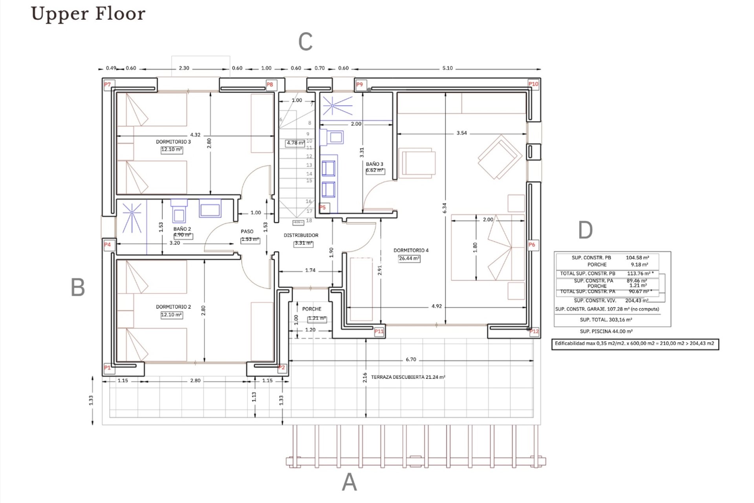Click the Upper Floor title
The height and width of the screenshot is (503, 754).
pyautogui.click(x=88, y=13)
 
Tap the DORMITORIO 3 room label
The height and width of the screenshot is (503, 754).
pyautogui.click(x=173, y=142)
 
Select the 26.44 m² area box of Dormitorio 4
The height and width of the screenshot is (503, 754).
pyautogui.click(x=409, y=259)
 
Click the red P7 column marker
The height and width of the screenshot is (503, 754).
pyautogui.click(x=108, y=84)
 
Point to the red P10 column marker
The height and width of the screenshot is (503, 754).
pyautogui.click(x=533, y=84)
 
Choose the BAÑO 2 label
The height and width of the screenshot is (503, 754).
pyautogui.click(x=182, y=229)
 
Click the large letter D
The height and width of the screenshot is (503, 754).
pyautogui.click(x=585, y=230)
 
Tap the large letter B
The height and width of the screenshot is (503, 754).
pyautogui.click(x=78, y=287)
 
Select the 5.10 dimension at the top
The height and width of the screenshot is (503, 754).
pyautogui.click(x=447, y=68)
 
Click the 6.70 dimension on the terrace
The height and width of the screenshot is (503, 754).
pyautogui.click(x=411, y=360)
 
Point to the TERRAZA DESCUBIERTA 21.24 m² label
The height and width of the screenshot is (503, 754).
pyautogui.click(x=408, y=377)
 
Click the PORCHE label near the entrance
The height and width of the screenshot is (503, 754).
pyautogui.click(x=311, y=309)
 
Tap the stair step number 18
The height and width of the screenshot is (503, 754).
pyautogui.click(x=309, y=220)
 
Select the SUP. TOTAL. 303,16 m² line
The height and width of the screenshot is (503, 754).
pyautogui.click(x=606, y=320)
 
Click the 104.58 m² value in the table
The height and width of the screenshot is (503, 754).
pyautogui.click(x=637, y=258)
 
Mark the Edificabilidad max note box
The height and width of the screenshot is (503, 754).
pyautogui.click(x=635, y=344)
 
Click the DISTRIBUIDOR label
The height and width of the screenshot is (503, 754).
pyautogui.click(x=301, y=235)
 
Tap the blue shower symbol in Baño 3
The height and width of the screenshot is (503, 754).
pyautogui.click(x=333, y=105)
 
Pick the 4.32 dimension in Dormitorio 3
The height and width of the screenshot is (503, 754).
pyautogui.click(x=195, y=135)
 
